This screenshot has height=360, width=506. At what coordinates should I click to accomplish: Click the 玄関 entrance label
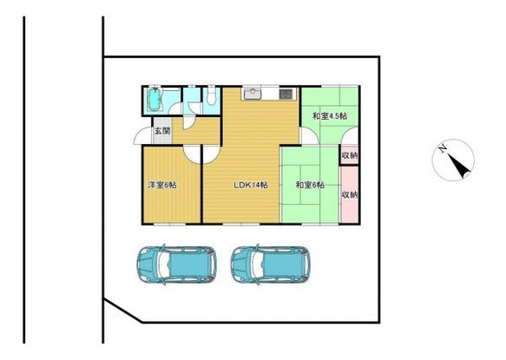pyautogui.click(x=161, y=131)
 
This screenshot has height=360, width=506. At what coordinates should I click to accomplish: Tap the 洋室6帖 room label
pyautogui.click(x=162, y=185)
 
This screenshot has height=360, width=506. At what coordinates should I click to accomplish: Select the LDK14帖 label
pyautogui.click(x=251, y=185)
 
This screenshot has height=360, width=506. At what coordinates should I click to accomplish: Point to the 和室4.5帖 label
pyautogui.click(x=329, y=116)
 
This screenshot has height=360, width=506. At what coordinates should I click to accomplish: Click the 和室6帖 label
pyautogui.click(x=310, y=185)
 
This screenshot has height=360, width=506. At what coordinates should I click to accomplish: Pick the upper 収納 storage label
pyautogui.click(x=350, y=155)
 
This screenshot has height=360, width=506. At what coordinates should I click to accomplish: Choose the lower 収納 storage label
pyautogui.click(x=350, y=195)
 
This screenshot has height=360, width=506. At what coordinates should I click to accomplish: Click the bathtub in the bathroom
pyautogui.click(x=155, y=100)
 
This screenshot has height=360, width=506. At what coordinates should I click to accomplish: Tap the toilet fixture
pyautogui.click(x=212, y=95)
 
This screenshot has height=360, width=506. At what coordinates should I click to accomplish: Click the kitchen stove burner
pyautogui.click(x=286, y=94)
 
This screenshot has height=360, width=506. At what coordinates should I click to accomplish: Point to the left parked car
pyautogui.click(x=177, y=265)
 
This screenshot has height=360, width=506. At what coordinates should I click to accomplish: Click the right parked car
pyautogui.click(x=271, y=265)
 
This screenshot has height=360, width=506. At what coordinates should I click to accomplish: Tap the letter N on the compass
pyautogui.click(x=443, y=148)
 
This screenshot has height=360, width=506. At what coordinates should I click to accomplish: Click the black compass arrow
pyautogui.click(x=459, y=166)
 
